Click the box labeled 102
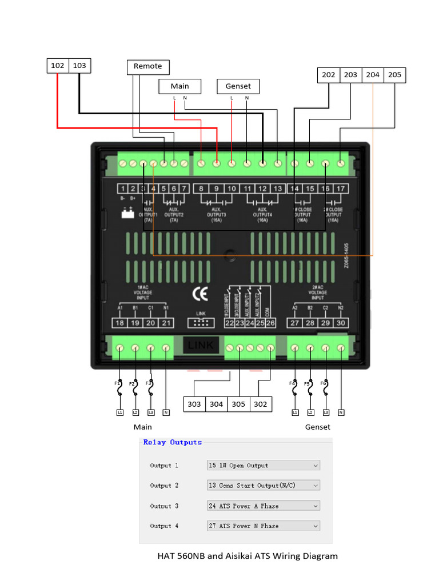[58, 66]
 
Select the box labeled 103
[79, 66]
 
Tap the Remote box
[147, 66]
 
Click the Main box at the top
[179, 86]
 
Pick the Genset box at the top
[238, 86]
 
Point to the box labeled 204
[373, 75]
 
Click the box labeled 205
[394, 75]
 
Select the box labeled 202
[329, 75]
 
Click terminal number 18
[119, 323]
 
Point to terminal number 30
[341, 323]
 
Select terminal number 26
[270, 323]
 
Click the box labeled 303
[194, 404]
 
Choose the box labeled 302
[260, 404]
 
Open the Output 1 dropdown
[263, 466]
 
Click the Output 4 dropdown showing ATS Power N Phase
[263, 526]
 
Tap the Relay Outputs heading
[173, 442]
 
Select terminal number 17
[341, 189]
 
